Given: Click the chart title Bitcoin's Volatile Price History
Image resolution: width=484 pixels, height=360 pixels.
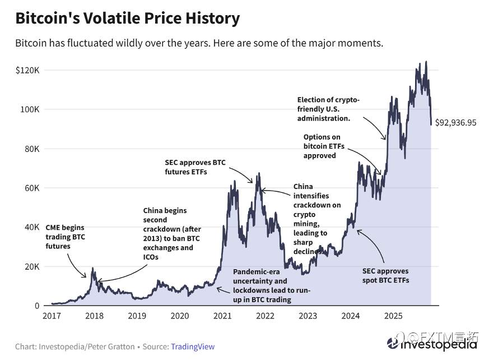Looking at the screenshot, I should click(127, 18).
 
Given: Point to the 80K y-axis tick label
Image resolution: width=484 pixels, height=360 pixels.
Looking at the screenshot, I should click(30, 149).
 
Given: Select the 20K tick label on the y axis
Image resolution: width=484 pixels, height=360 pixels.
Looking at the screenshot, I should click(30, 266).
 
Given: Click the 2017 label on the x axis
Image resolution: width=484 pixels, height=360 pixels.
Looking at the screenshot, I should click(52, 316).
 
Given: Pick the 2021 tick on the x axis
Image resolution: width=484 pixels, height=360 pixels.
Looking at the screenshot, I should click(223, 316).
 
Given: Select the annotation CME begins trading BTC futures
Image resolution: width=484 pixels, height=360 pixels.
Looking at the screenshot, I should click(65, 237).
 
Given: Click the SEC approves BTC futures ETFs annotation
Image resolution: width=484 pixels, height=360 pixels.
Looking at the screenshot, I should click(194, 167).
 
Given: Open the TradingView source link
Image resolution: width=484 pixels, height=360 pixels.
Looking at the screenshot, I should click(193, 347).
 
